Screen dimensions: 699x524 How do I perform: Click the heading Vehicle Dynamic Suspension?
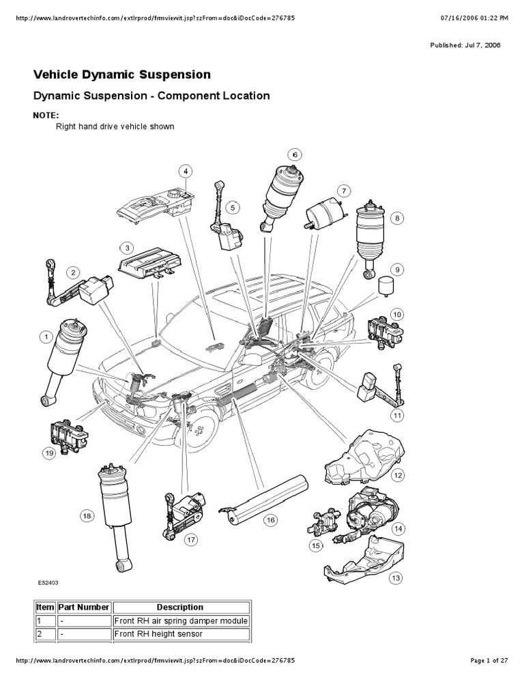pyautogui.click(x=122, y=74)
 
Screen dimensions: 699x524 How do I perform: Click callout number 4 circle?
pyautogui.click(x=186, y=171)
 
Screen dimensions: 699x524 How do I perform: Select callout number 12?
pyautogui.click(x=397, y=474)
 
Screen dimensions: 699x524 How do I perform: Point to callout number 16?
pyautogui.click(x=270, y=520)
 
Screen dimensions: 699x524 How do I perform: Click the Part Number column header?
pyautogui.click(x=84, y=607)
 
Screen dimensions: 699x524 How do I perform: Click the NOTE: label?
pyautogui.click(x=46, y=115)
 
